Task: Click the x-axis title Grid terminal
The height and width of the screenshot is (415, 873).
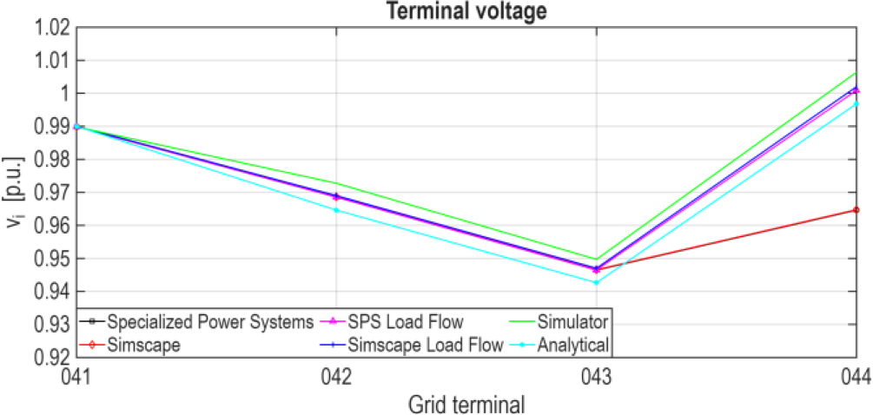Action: click(465, 403)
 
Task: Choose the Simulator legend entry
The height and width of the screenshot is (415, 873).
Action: click(574, 322)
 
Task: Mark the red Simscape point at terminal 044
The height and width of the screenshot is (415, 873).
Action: click(856, 210)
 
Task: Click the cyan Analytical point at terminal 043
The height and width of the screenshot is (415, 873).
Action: click(596, 282)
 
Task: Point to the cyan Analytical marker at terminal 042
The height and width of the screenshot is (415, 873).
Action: click(336, 210)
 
